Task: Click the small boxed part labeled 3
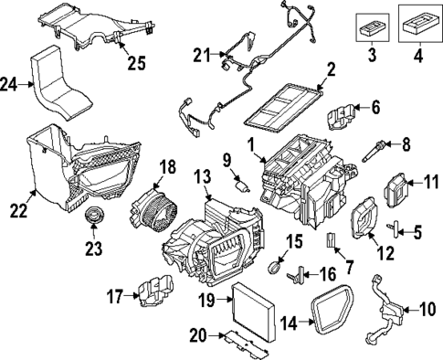coord(369,26)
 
